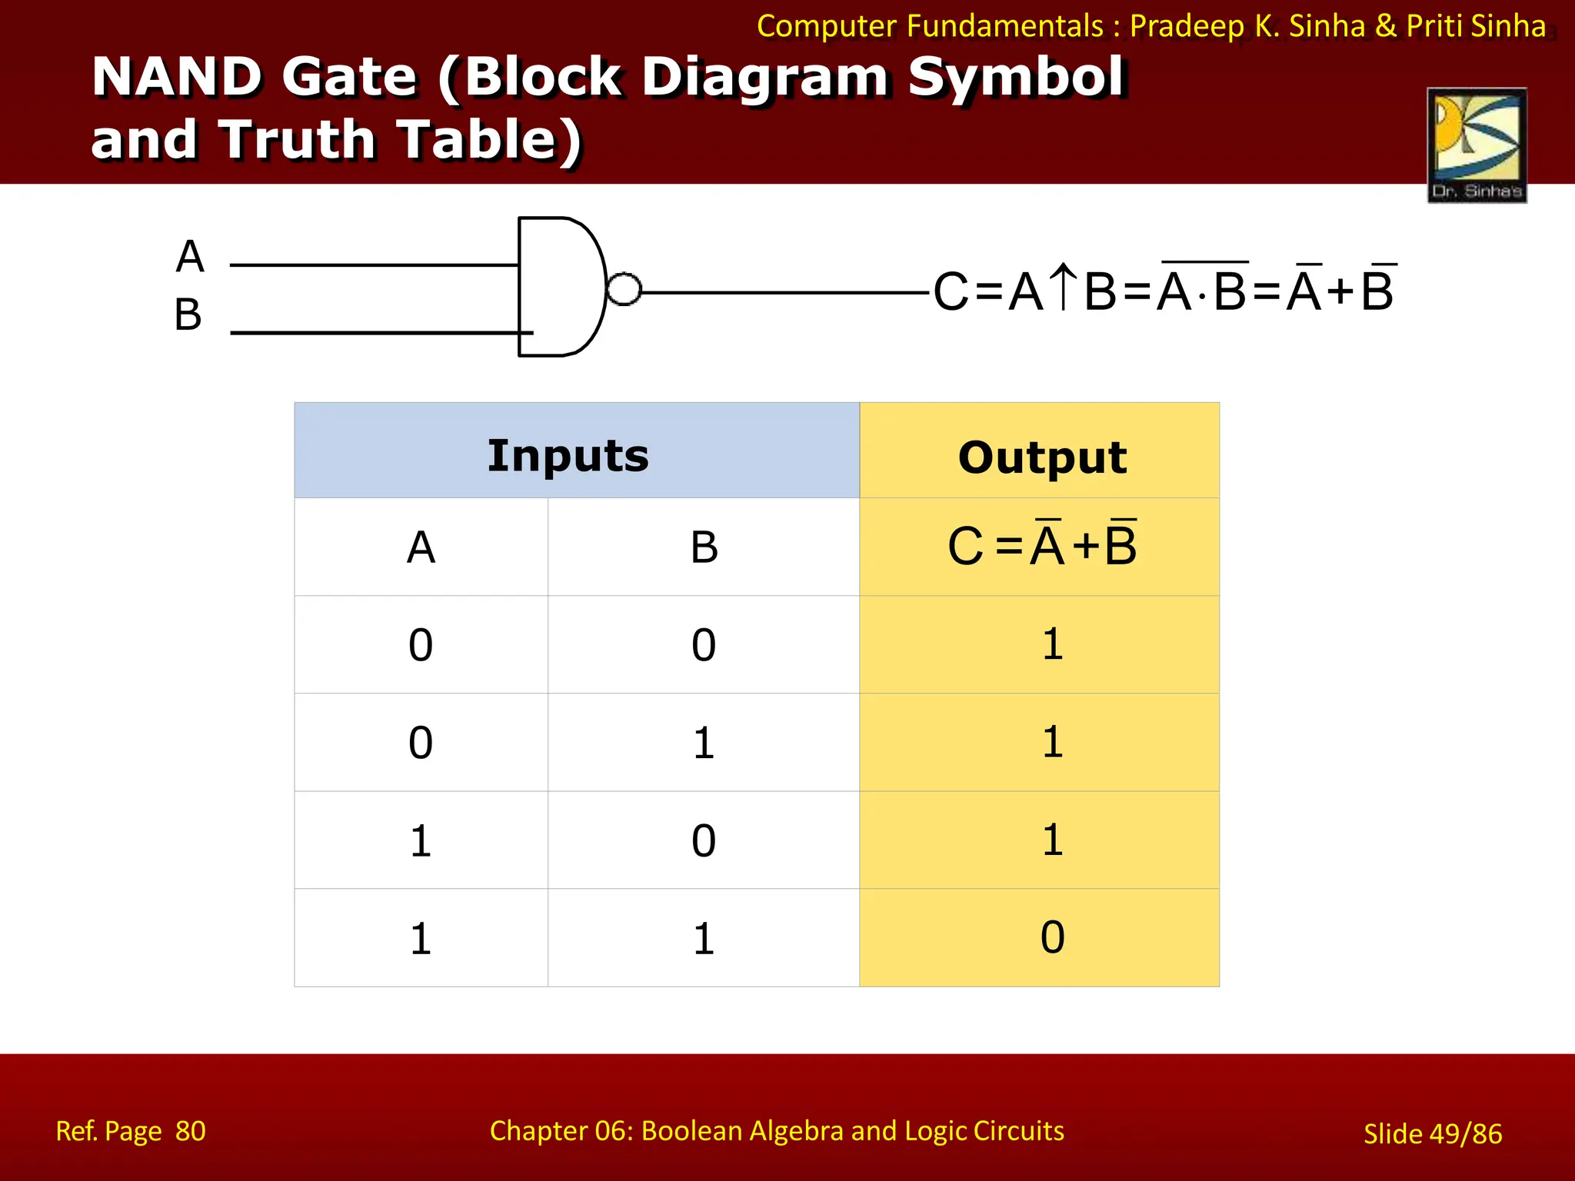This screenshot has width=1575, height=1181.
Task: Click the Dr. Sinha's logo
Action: click(1477, 145)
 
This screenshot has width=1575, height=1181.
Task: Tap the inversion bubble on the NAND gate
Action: click(624, 290)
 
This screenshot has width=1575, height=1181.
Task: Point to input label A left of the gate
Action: click(190, 257)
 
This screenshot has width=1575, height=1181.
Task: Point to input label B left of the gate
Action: click(188, 315)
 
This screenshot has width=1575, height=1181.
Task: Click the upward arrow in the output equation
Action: click(1064, 287)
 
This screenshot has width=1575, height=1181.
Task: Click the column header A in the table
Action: click(421, 547)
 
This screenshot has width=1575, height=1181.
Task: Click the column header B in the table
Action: click(704, 547)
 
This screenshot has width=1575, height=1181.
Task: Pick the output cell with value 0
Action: click(1052, 937)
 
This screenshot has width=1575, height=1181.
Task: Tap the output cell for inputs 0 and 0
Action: click(1052, 644)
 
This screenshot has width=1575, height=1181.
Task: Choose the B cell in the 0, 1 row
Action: click(704, 743)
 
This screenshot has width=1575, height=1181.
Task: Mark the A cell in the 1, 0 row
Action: click(421, 840)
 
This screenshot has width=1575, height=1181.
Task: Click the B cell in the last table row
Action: click(704, 938)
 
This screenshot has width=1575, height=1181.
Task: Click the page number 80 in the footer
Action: click(190, 1131)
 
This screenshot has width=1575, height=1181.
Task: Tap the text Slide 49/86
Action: click(1432, 1133)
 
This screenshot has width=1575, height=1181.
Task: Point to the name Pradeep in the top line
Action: click(1187, 26)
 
